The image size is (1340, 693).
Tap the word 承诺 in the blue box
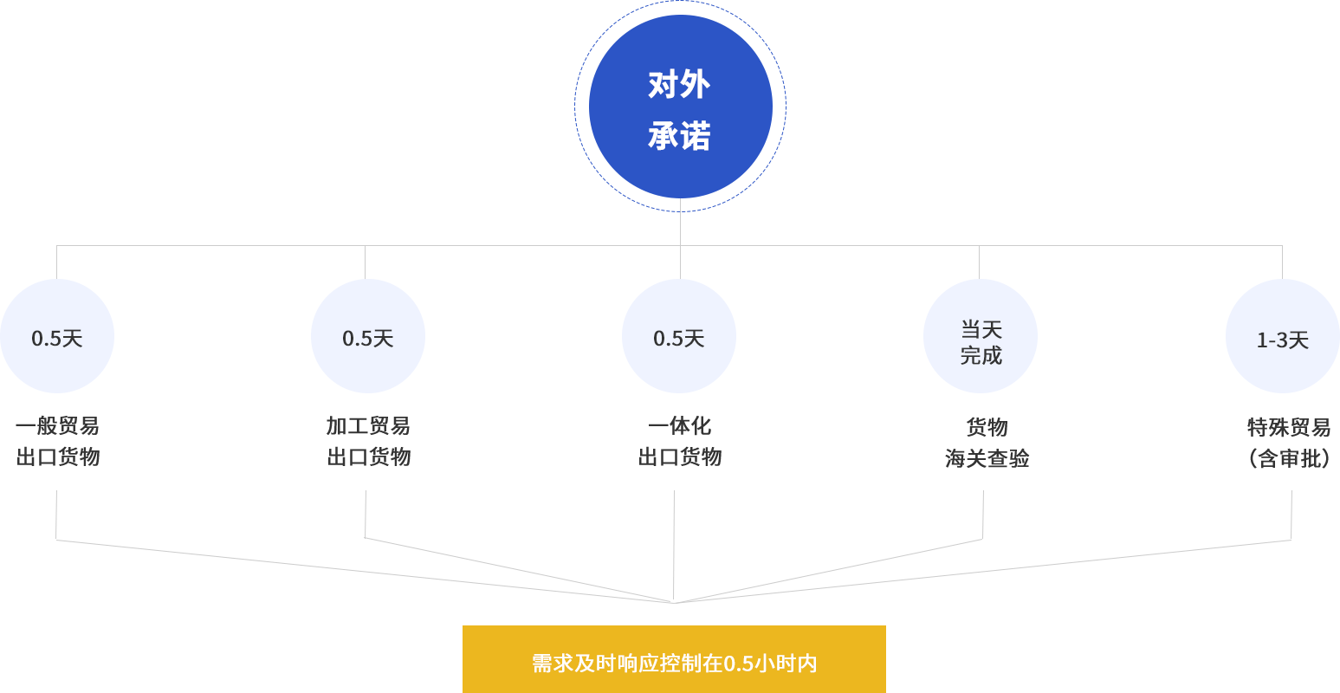(x=680, y=137)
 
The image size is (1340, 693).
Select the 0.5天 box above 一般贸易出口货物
(x=57, y=336)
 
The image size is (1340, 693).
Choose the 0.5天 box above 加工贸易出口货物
(x=368, y=336)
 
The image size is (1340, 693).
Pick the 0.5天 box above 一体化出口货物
(x=679, y=336)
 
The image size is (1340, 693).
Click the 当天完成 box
(x=981, y=336)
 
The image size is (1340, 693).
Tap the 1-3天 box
(x=1282, y=336)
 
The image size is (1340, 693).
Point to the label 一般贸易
(x=57, y=426)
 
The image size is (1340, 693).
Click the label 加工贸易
(x=368, y=426)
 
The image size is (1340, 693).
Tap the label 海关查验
(x=987, y=458)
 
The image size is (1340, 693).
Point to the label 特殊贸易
(x=1289, y=427)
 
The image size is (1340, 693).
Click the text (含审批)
(x=1289, y=458)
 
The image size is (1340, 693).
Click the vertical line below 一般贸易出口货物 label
(x=55, y=513)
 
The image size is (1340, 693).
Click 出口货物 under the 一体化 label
(x=680, y=457)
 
